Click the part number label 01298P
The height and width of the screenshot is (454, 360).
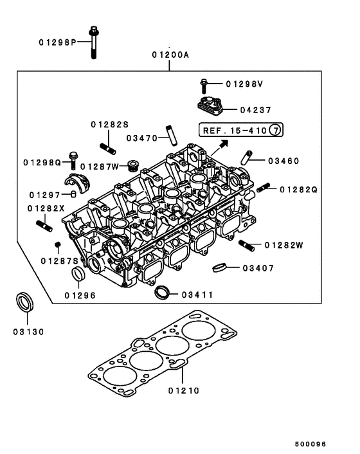pyautogui.click(x=55, y=42)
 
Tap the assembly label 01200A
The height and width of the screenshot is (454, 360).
pyautogui.click(x=170, y=55)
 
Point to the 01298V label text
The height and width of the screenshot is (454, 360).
pyautogui.click(x=245, y=84)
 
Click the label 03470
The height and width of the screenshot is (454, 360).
pyautogui.click(x=142, y=138)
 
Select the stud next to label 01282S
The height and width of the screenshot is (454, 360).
pyautogui.click(x=107, y=145)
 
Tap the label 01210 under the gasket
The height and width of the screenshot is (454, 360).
pyautogui.click(x=184, y=390)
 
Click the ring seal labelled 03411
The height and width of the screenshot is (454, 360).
pyautogui.click(x=163, y=293)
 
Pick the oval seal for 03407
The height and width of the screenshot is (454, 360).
pyautogui.click(x=220, y=268)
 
